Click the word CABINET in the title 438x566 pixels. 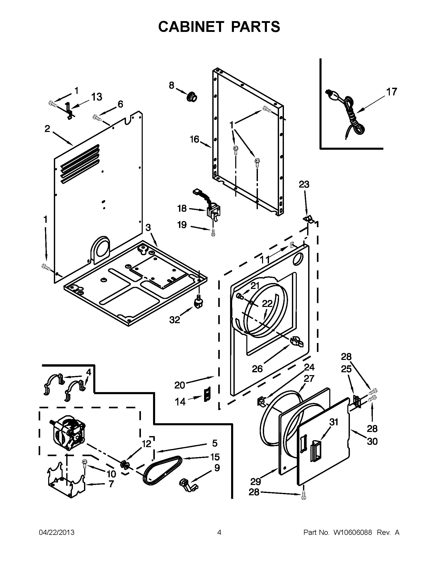click(x=191, y=26)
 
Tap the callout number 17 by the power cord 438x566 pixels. click(x=392, y=92)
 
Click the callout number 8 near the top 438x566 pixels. click(x=172, y=85)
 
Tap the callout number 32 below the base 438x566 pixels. click(x=174, y=320)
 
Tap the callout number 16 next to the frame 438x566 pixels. click(x=194, y=139)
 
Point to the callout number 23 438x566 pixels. click(x=304, y=184)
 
